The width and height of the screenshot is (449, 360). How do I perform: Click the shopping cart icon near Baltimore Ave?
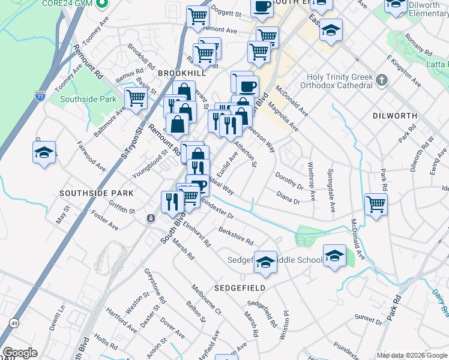coord(136,97)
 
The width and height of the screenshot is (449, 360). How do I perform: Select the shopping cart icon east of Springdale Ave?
coord(376,204)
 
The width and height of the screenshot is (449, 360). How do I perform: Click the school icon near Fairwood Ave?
coord(44,153)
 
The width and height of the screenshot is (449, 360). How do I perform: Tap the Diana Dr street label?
coord(288,197)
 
